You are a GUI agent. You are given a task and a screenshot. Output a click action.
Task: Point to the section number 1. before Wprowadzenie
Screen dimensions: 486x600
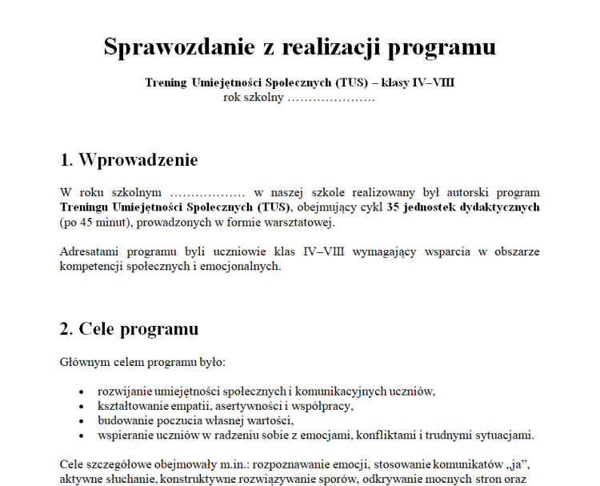pos(66,159)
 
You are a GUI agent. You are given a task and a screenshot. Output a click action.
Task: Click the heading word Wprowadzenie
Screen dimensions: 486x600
pos(138,159)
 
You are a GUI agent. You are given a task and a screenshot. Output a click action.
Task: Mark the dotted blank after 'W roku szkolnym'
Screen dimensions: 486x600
pos(207,193)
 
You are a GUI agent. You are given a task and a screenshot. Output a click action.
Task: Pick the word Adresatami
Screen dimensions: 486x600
pos(90,251)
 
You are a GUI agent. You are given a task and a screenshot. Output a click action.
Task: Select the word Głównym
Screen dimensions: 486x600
pos(83,362)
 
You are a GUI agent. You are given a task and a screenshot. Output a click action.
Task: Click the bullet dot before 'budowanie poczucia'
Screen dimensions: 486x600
pos(82,422)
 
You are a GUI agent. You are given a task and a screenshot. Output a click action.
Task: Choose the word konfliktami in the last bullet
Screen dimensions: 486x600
pos(366,436)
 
